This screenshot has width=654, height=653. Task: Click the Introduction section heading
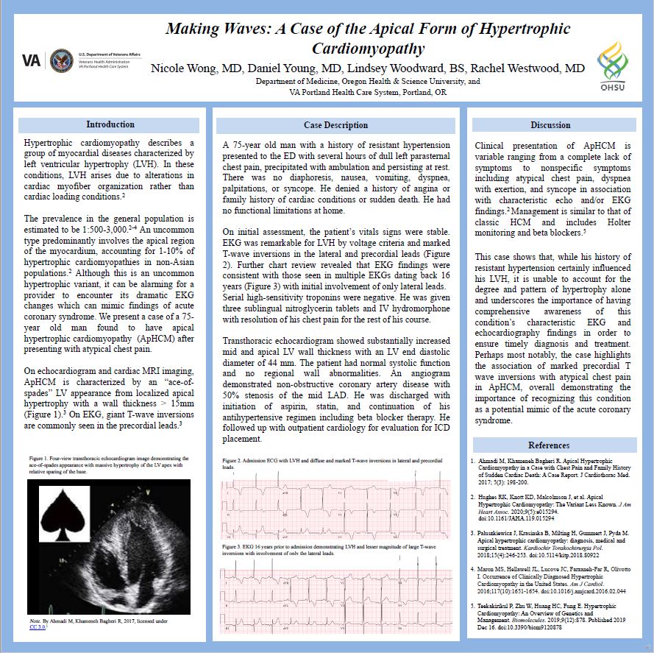click(110, 124)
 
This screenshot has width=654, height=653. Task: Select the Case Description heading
click(335, 125)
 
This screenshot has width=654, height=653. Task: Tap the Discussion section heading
click(550, 125)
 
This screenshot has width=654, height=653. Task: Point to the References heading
click(549, 445)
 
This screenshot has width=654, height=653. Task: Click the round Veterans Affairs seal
click(61, 60)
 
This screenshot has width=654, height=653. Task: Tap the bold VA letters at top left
click(32, 60)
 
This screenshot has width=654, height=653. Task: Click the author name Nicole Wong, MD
click(196, 68)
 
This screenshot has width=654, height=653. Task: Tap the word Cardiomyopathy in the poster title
click(368, 49)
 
